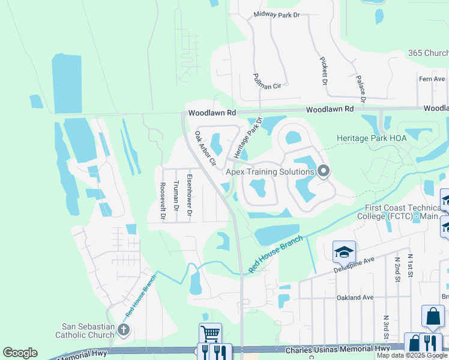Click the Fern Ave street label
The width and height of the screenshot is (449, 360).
coord(432,79)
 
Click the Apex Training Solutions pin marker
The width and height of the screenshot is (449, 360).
coord(324,172)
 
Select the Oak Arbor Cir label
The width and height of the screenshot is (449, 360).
coord(205,148)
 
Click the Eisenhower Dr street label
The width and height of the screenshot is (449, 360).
coord(189,194)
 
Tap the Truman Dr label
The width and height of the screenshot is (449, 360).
coord(176,196)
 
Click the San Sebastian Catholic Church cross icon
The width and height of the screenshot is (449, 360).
coord(124,329)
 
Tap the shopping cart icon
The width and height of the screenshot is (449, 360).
coord(210,333)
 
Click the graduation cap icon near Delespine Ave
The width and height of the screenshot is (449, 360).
coord(345,251)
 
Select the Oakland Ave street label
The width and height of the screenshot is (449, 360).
coord(355,297)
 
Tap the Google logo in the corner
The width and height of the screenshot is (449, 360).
coord(20,353)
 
